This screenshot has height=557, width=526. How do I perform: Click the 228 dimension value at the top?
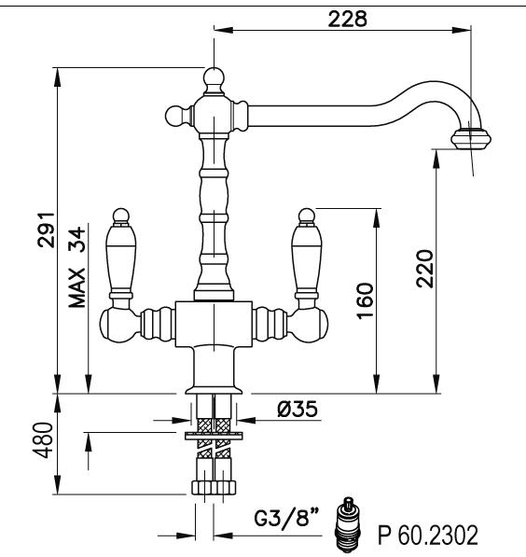[347, 19]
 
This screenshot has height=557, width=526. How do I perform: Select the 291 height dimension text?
[47, 230]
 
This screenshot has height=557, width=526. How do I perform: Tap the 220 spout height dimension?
[425, 269]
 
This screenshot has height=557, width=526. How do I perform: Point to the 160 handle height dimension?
[366, 301]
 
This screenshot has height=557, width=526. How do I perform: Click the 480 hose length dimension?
[43, 440]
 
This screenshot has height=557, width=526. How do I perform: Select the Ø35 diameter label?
[298, 409]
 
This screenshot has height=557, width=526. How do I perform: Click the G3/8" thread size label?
[287, 517]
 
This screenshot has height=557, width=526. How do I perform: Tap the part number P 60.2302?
[428, 536]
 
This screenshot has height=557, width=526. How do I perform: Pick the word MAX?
[77, 287]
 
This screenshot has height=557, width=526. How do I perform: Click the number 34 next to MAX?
[77, 239]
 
